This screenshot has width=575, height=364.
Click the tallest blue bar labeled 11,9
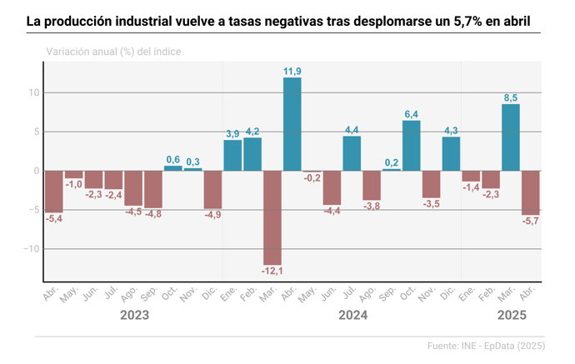(x=292, y=124)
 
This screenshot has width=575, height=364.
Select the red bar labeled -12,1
(x=272, y=217)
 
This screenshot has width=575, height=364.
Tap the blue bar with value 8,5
(x=511, y=137)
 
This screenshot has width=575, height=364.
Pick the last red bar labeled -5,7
(x=531, y=192)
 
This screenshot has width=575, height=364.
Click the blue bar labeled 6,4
(x=412, y=146)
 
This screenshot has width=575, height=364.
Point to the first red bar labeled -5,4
(x=54, y=192)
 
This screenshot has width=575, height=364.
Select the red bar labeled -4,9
(x=213, y=190)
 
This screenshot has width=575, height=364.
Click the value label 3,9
(x=232, y=133)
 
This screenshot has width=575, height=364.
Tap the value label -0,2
(x=312, y=178)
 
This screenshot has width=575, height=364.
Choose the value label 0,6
(x=173, y=159)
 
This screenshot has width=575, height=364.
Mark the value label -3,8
(x=372, y=206)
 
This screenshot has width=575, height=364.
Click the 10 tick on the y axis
(x=33, y=92)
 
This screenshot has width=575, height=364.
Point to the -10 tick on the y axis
(x=31, y=249)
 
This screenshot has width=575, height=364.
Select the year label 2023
(x=134, y=316)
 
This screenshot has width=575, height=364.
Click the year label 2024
(x=352, y=316)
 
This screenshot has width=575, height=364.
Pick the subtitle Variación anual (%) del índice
(x=113, y=52)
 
